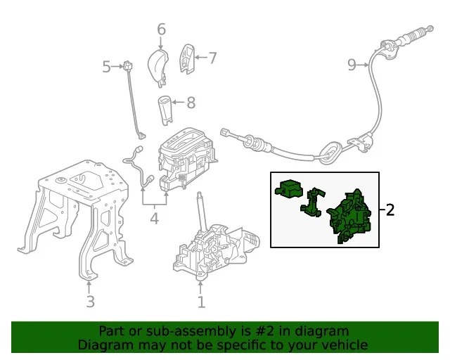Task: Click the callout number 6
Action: pos(162,30)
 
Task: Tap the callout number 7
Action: pos(212,58)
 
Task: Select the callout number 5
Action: pos(106,67)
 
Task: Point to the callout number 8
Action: pos(191,103)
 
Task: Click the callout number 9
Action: pos(352,65)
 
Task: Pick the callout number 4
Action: pos(155,219)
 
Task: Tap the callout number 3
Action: pos(91,302)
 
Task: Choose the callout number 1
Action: pos(202,302)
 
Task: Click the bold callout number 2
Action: pos(390,210)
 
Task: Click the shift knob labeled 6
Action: pos(157,67)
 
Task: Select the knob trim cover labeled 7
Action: pos(187,59)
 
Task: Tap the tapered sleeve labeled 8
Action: pos(166,110)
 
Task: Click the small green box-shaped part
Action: pos(289,189)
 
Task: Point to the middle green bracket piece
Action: pos(312,202)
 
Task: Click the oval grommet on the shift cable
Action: pos(330,152)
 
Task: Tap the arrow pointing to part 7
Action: pos(202,58)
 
